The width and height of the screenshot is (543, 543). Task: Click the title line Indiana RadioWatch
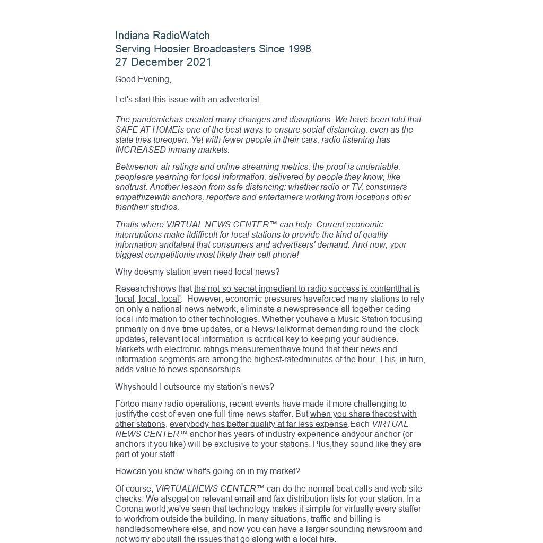[162, 36]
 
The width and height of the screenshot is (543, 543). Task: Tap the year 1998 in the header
[299, 49]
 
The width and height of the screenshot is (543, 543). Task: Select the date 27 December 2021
[163, 62]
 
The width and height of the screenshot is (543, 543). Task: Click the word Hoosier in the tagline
[171, 49]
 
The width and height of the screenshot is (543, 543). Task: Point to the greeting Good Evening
[143, 80]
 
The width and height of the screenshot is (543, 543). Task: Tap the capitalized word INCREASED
[141, 150]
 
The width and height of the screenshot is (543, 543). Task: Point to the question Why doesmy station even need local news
[197, 272]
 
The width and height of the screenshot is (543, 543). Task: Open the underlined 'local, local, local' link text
[148, 299]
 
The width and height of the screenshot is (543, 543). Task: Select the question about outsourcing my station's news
[194, 387]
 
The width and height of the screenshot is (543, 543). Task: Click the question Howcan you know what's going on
[207, 471]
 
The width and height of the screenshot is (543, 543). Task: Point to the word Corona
[128, 509]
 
